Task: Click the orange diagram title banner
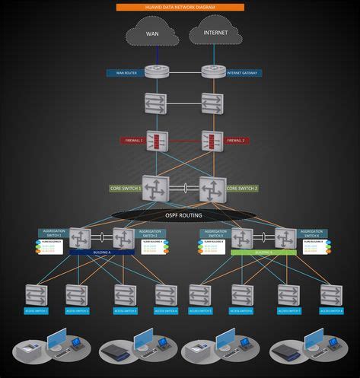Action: (x=180, y=7)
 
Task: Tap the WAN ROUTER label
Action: (x=125, y=73)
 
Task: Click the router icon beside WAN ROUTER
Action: (x=158, y=72)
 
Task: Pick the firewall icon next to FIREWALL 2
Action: (x=212, y=141)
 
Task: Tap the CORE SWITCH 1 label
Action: (x=126, y=187)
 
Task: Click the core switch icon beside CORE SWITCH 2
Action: (x=212, y=188)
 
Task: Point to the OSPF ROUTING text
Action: (x=181, y=214)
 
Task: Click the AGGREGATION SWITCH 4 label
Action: (x=312, y=233)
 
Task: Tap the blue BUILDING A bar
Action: (x=102, y=252)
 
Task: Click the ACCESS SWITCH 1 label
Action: (x=36, y=311)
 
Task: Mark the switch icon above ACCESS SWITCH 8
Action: (x=331, y=294)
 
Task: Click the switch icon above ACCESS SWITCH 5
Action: (x=200, y=294)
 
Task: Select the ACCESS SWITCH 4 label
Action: (x=166, y=311)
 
